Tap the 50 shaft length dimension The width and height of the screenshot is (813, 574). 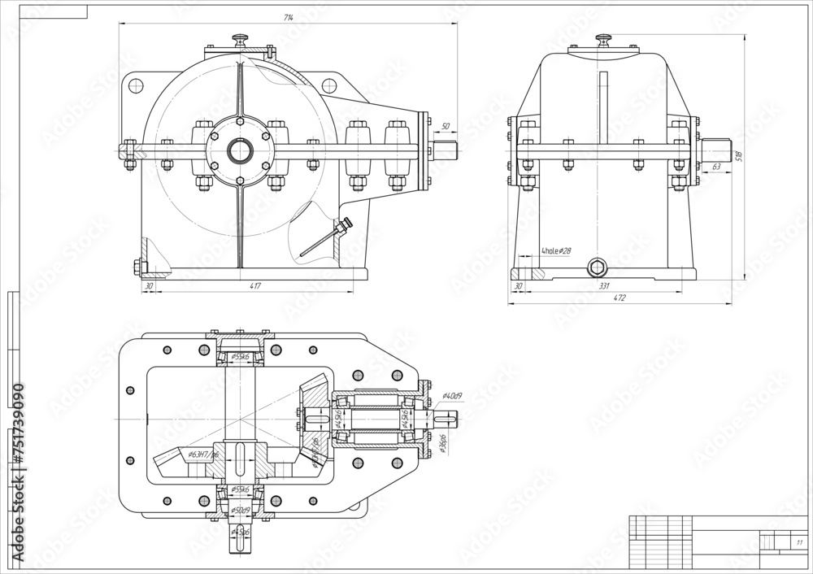point(445,127)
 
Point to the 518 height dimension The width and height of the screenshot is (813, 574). point(738,155)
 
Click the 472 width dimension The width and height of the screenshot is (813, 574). point(619,298)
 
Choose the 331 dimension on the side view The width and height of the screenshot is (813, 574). point(603,285)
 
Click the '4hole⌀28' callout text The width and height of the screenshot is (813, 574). point(557,252)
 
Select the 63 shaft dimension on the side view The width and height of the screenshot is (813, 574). point(715,167)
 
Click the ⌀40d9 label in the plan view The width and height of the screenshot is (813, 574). point(452,396)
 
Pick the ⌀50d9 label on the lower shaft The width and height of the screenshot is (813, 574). point(240,511)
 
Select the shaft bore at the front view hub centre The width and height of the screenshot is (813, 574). point(240,150)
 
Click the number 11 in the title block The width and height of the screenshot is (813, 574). point(799,541)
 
